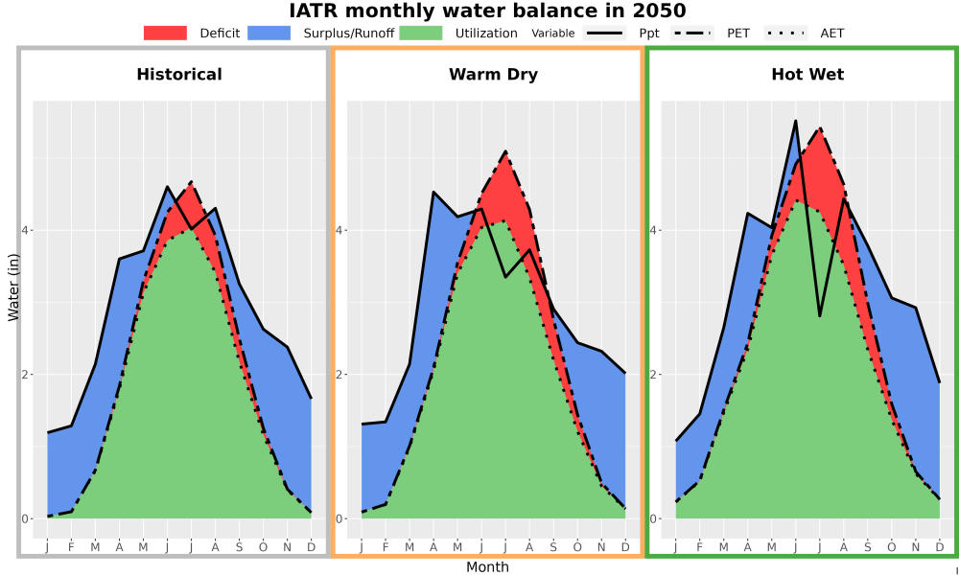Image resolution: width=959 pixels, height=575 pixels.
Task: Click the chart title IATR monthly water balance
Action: coord(487,11)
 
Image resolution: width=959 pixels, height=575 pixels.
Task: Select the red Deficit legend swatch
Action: coord(165,33)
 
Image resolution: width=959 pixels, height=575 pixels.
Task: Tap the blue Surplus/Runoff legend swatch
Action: coord(269,33)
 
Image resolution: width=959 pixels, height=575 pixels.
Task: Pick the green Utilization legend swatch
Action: coord(421,33)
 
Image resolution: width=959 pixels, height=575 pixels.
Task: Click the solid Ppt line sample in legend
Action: coord(604,33)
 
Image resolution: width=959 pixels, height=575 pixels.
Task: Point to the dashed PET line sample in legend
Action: coord(692,33)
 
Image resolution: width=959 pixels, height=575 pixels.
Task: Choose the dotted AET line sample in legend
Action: coord(786,33)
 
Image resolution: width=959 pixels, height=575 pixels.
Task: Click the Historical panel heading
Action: coord(179,75)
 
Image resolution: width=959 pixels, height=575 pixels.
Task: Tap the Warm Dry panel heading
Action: coord(494,75)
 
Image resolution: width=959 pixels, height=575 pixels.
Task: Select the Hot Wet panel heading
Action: coord(807,75)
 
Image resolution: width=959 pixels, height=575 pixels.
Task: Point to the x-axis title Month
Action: coord(487,567)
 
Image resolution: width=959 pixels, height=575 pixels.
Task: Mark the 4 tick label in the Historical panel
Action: coord(25,230)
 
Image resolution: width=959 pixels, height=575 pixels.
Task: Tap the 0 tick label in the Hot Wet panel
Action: coord(653,518)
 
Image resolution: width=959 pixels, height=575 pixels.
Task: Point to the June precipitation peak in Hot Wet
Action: coord(796,121)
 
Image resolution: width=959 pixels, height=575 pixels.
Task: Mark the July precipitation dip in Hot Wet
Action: coord(820,316)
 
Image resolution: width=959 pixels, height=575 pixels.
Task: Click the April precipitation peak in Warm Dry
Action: coord(433,192)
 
